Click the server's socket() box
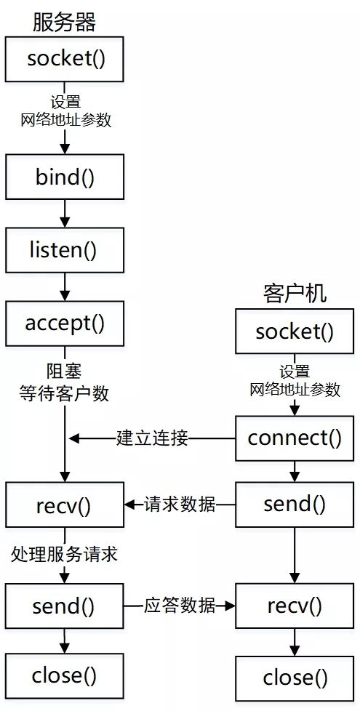point(65,59)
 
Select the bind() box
point(65,177)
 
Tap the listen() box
point(65,250)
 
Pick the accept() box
point(65,323)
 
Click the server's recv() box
point(65,505)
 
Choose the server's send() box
point(65,606)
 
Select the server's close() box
point(65,676)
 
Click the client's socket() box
point(294,332)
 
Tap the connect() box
point(294,438)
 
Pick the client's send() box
point(294,504)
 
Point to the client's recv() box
point(294,606)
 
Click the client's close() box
point(294,678)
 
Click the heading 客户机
point(294,292)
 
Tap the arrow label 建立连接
point(153,438)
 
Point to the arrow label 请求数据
point(180,504)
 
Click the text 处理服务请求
point(64,555)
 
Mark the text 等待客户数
point(64,394)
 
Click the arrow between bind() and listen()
point(65,214)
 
